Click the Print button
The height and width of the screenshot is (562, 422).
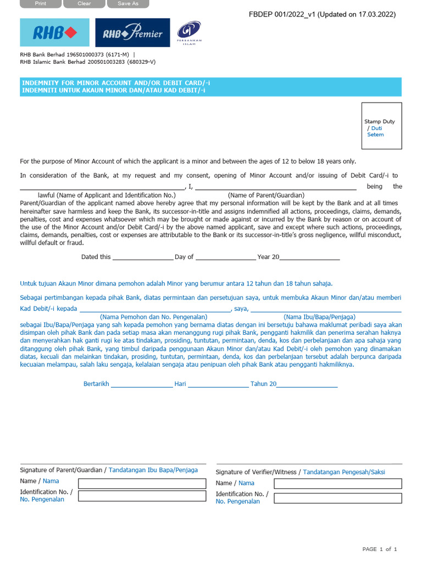(41, 4)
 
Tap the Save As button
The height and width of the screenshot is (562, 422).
(127, 4)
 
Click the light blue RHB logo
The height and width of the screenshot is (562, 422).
(54, 33)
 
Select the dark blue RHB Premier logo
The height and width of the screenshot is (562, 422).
(132, 33)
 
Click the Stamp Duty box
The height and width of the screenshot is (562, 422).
(381, 126)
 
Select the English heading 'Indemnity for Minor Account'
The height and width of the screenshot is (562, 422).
(115, 83)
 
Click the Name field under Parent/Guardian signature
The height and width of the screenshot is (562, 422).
(142, 484)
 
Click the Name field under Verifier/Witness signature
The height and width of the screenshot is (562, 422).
(337, 484)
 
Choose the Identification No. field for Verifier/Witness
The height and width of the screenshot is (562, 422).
(337, 498)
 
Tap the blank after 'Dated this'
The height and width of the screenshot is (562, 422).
(143, 256)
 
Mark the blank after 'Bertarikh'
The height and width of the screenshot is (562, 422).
(142, 384)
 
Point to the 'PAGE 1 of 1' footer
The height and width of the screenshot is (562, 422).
(379, 549)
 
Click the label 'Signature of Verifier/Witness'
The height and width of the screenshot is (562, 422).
(256, 473)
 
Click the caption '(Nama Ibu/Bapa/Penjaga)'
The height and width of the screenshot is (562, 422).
(319, 317)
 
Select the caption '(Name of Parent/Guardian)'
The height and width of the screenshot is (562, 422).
(266, 195)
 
